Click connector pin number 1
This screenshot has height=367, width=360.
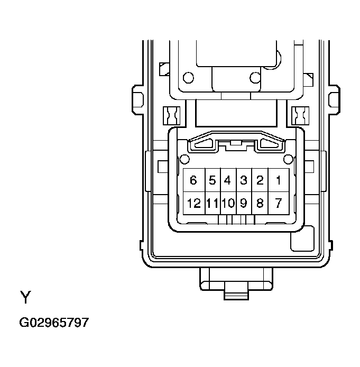click(278, 181)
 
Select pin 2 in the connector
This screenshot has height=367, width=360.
click(260, 181)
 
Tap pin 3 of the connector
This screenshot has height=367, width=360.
click(243, 181)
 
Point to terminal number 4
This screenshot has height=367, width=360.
click(227, 181)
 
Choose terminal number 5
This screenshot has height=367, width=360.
click(212, 181)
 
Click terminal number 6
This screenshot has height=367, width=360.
click(193, 181)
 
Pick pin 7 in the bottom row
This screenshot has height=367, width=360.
click(278, 203)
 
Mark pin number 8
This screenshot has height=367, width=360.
click(260, 203)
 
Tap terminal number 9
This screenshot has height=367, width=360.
click(243, 203)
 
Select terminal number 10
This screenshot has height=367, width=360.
click(228, 203)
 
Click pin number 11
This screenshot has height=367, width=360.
click(212, 203)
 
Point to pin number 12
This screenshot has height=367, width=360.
click(193, 203)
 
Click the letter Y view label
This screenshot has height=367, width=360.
click(25, 298)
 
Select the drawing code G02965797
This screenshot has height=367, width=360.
click(54, 322)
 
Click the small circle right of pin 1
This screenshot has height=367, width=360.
click(288, 159)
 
